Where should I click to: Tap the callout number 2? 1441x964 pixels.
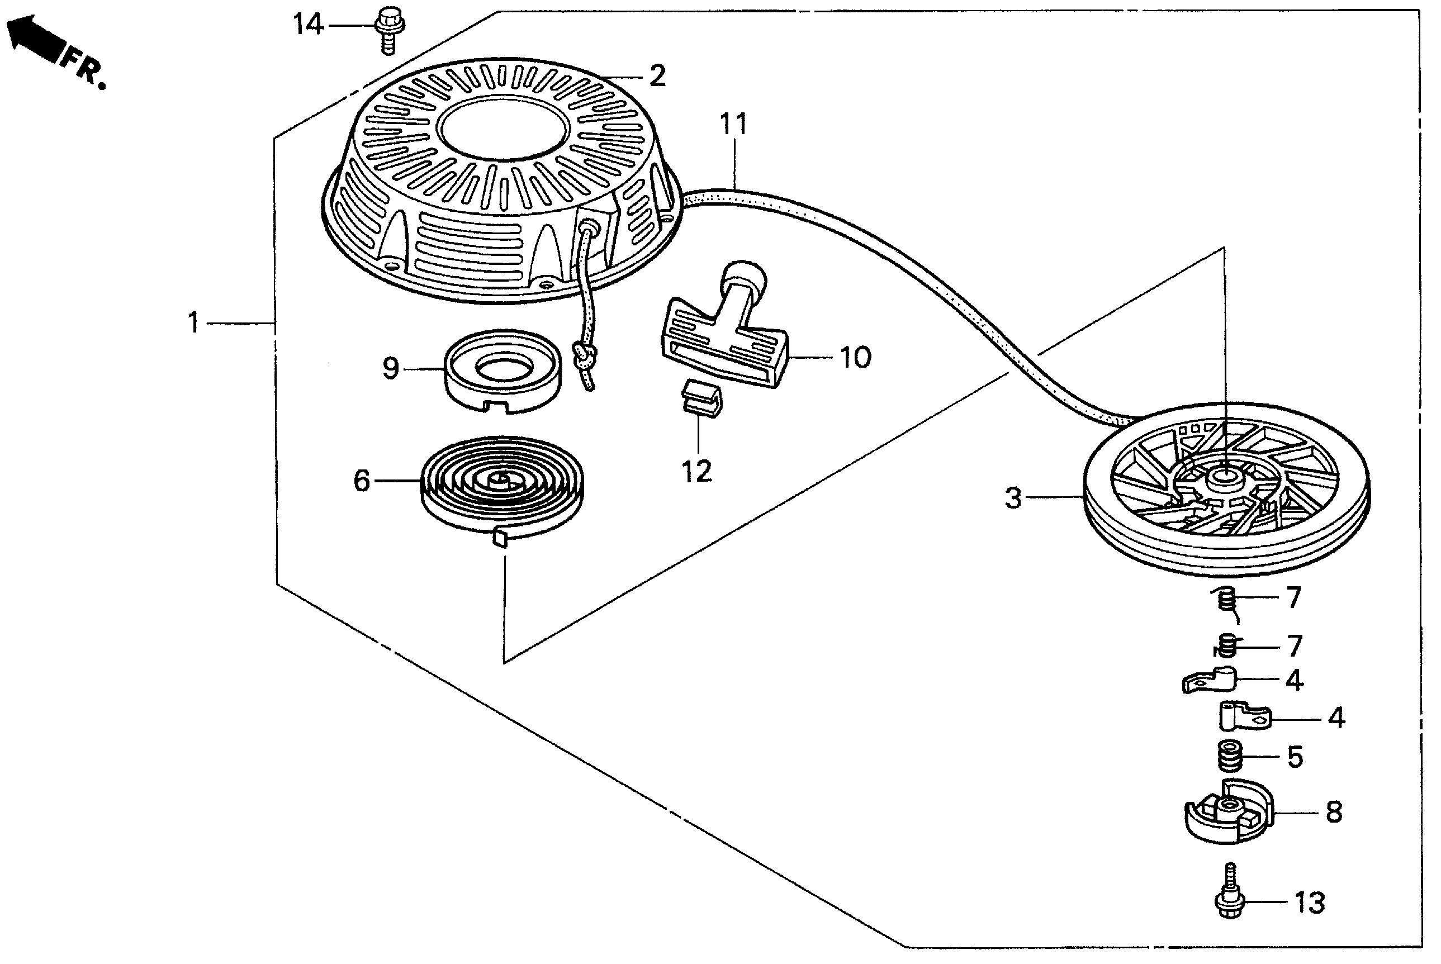point(657,76)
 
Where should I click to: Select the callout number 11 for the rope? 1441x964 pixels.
point(733,124)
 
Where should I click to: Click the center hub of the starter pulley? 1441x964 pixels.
point(1224,478)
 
